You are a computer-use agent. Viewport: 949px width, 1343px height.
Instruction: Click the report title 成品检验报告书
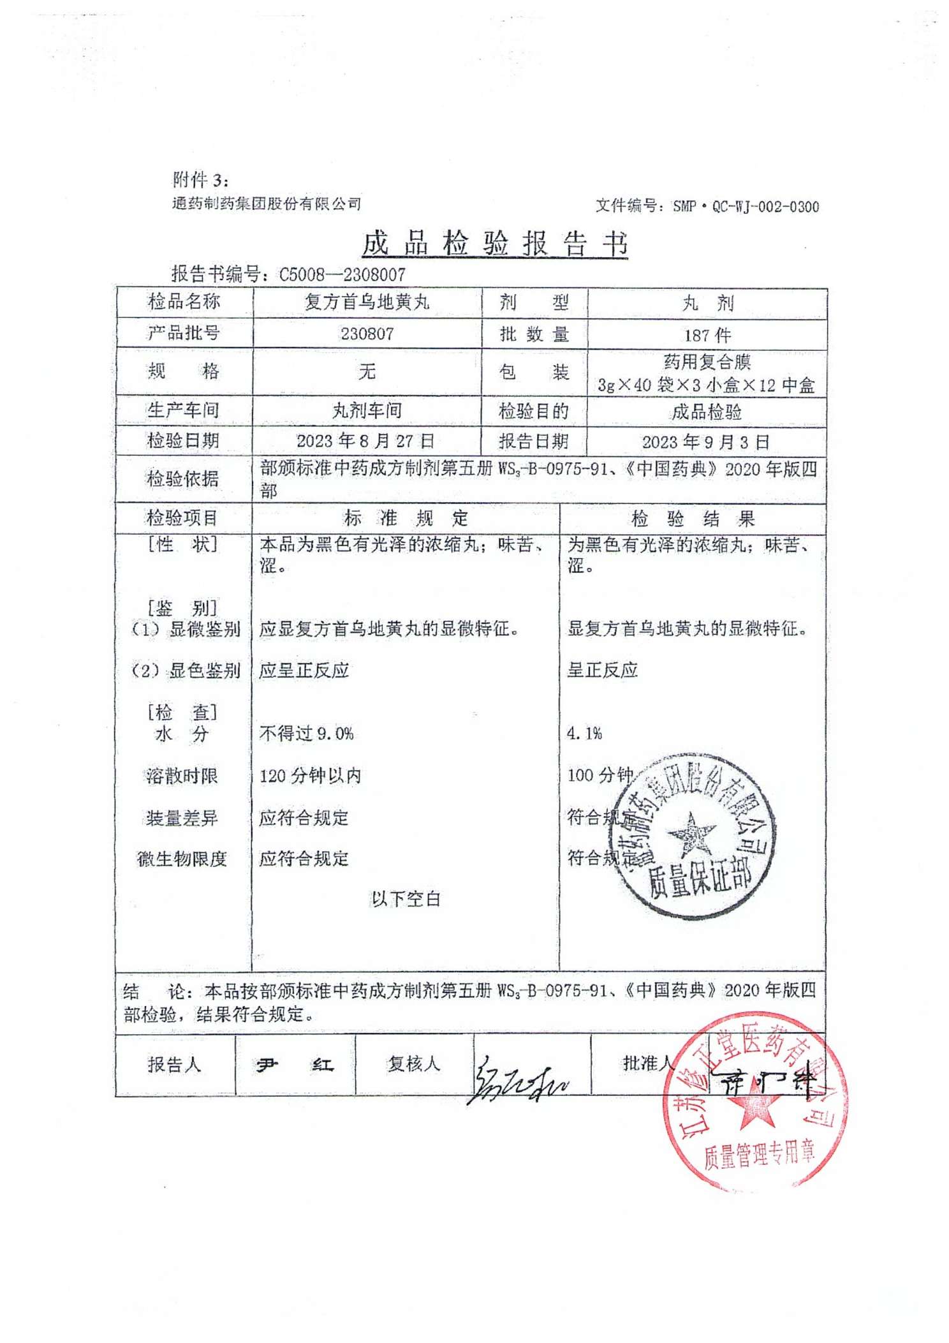point(494,244)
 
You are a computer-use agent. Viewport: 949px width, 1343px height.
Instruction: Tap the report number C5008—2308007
point(342,275)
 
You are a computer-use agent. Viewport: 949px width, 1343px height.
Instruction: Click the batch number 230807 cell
point(367,334)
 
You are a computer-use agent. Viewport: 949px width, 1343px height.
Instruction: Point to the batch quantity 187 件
point(707,335)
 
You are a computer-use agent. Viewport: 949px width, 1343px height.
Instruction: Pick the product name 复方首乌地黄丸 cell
point(367,302)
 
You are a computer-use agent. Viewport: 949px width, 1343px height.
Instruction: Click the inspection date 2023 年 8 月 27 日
point(365,441)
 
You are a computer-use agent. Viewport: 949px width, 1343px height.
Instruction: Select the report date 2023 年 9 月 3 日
point(705,442)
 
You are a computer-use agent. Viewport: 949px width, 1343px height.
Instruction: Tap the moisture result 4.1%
point(584,734)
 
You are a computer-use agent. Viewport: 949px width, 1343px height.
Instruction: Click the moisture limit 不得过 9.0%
point(306,734)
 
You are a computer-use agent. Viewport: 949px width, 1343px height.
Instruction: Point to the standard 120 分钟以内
point(310,776)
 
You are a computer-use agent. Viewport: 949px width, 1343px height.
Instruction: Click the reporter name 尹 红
point(295,1065)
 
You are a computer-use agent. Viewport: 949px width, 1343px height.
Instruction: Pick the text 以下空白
point(406,899)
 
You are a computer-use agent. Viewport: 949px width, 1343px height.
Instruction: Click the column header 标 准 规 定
point(406,518)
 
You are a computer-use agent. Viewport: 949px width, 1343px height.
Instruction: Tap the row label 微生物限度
point(182,859)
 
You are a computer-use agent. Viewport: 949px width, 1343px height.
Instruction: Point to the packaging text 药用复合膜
point(707,362)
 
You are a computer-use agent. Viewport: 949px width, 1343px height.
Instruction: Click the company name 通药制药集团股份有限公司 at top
point(267,204)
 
